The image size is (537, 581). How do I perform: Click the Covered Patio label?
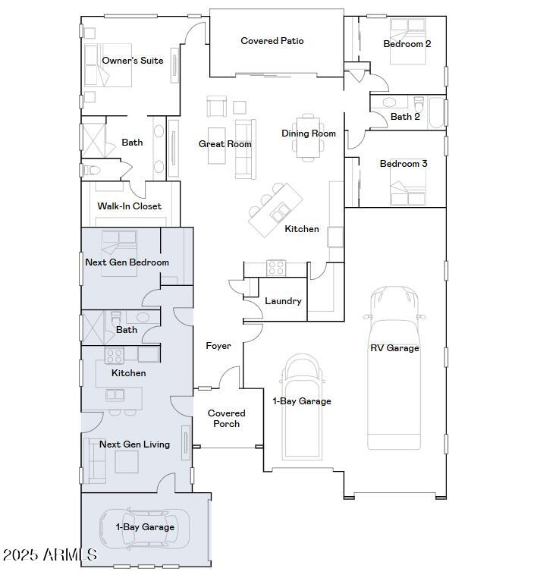272,41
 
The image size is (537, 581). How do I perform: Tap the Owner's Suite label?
133,61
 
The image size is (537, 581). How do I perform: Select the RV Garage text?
394,348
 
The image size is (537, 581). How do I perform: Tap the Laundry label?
283,301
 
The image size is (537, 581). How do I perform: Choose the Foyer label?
218,346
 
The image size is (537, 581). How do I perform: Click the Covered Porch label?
226,419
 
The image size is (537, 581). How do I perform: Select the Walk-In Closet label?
129,206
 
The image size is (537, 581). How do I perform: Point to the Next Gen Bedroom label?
127,262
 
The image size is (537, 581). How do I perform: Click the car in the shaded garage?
146,528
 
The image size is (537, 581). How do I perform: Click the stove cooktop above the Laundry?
275,267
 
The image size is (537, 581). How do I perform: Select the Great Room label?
225,144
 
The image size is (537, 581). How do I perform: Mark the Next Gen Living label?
134,444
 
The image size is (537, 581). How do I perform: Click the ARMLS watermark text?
49,555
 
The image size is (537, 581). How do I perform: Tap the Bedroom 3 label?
404,164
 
